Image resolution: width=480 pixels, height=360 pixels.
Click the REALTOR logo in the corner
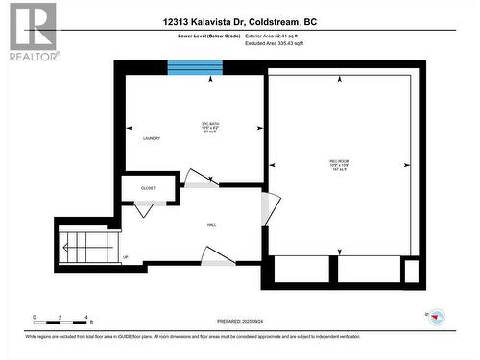[x=31, y=30]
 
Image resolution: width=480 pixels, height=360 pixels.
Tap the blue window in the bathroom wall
[x=195, y=67]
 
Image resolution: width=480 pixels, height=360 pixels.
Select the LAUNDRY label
[x=150, y=138]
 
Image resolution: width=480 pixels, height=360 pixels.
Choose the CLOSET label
[x=149, y=189]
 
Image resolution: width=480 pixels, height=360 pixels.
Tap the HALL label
[x=211, y=225]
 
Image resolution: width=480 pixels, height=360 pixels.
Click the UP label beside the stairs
[x=125, y=256]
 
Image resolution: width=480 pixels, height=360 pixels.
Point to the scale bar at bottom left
[x=60, y=318]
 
